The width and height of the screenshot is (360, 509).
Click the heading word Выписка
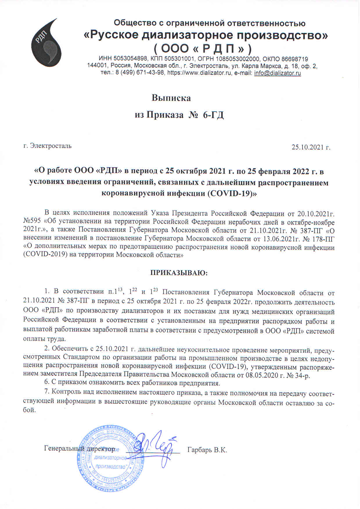(x=171, y=98)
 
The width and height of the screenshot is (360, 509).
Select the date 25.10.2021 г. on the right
(x=311, y=147)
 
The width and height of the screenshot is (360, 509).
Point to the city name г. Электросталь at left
(x=47, y=146)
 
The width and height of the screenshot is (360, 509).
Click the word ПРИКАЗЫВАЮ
(x=179, y=272)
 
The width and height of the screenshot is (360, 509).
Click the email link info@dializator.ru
(x=277, y=73)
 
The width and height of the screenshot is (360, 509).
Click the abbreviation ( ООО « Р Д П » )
(x=203, y=48)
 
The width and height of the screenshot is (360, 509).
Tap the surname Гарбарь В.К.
(x=207, y=450)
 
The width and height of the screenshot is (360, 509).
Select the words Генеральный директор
(x=79, y=449)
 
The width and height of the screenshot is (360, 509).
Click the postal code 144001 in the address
(x=98, y=66)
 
